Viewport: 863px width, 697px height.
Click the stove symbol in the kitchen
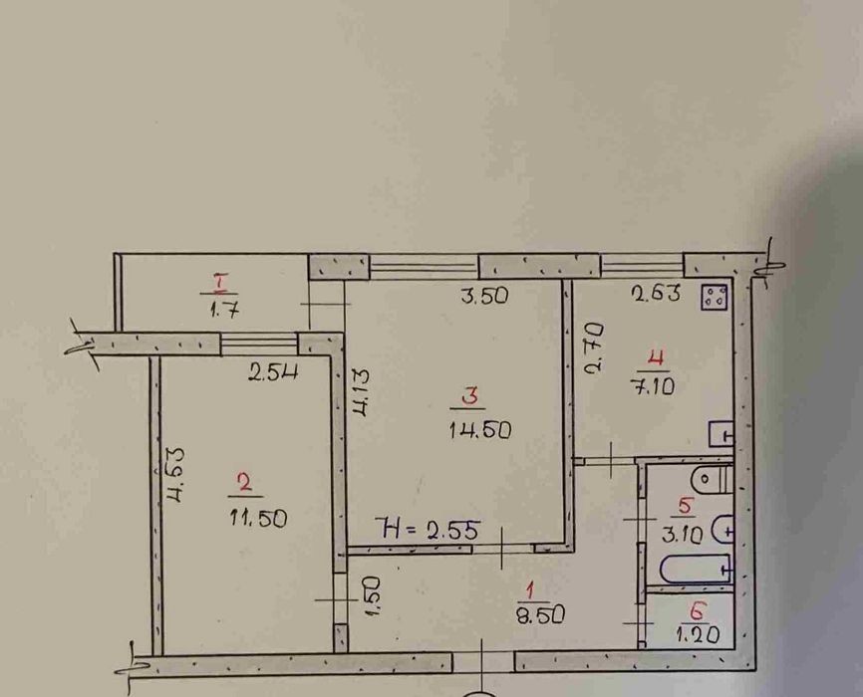coord(716,298)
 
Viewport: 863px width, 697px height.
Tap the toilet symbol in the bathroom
coord(714,480)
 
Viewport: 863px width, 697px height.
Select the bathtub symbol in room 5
coord(696,569)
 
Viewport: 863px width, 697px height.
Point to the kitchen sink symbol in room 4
coord(722,433)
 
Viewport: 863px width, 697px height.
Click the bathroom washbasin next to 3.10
coord(723,530)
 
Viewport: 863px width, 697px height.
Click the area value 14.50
coord(480,429)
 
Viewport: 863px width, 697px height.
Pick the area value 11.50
coord(258,518)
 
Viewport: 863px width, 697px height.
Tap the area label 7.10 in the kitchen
coord(652,386)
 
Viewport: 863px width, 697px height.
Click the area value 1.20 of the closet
coord(698,635)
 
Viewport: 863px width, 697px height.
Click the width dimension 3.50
coord(484,296)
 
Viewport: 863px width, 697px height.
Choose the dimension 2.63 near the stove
coord(656,293)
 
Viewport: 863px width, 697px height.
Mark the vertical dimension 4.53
coord(176,475)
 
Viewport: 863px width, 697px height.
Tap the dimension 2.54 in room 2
coord(273,373)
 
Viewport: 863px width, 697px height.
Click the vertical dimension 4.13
coord(362,391)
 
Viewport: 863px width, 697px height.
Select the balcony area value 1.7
coord(224,311)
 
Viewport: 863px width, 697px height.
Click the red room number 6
coord(698,611)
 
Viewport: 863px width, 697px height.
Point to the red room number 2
coord(244,483)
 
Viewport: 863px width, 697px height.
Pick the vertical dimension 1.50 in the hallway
coord(372,596)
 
